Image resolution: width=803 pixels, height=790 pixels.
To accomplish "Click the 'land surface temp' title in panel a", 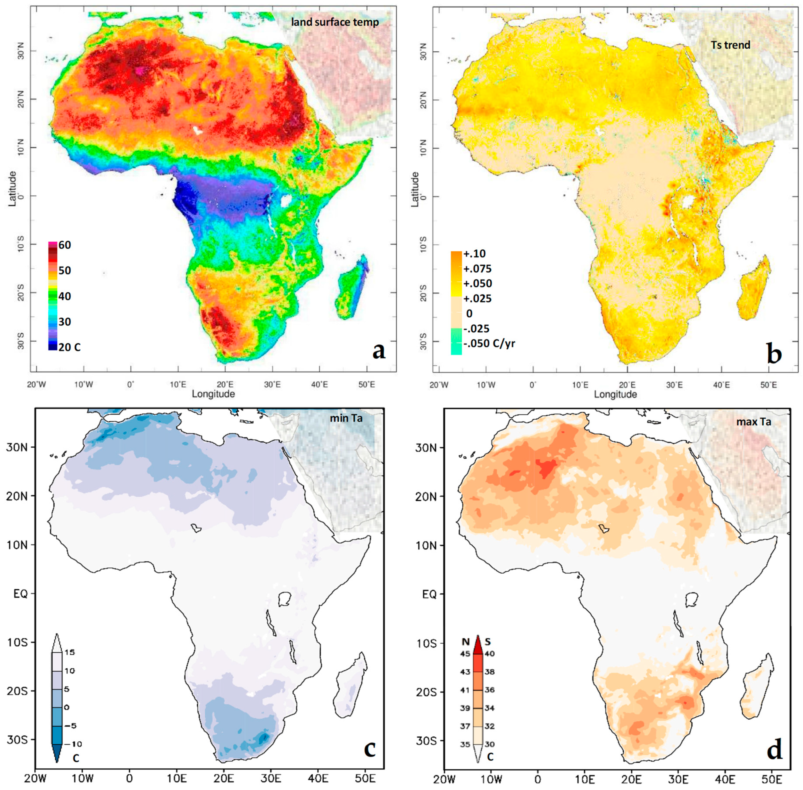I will [x=335, y=22].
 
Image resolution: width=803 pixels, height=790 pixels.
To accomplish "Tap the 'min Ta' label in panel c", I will [x=346, y=418].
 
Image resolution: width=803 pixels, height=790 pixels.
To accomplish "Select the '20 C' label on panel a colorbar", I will [x=69, y=347].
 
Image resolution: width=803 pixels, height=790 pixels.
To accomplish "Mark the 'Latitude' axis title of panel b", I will [x=415, y=189].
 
